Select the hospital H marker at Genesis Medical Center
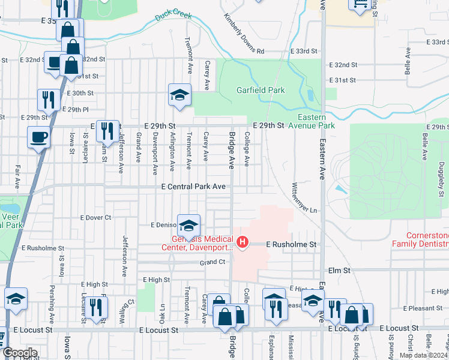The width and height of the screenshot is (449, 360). (x=243, y=242)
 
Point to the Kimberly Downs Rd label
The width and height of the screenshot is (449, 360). (x=244, y=34)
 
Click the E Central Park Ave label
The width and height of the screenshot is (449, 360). (x=193, y=187)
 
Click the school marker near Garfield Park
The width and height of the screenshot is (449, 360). (x=179, y=94)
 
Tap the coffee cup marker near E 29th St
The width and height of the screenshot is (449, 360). (x=39, y=137)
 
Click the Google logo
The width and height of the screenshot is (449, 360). (x=20, y=353)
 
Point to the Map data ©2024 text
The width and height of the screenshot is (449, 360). (x=424, y=355)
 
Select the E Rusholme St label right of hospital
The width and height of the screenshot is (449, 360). (x=291, y=245)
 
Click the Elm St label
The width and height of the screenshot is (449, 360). (x=339, y=271)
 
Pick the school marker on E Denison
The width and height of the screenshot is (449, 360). (x=188, y=226)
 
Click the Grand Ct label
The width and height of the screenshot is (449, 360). (x=212, y=262)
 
